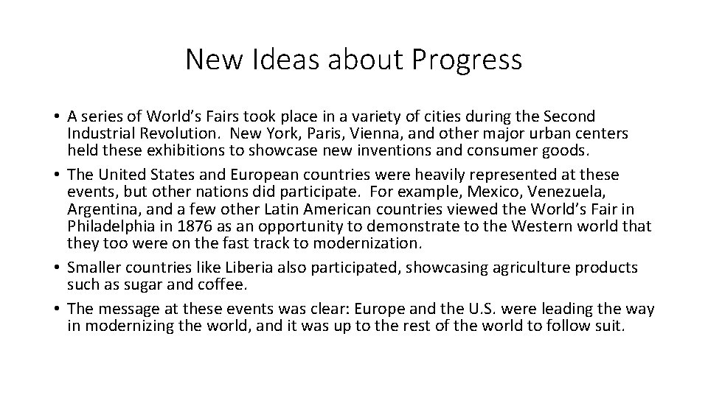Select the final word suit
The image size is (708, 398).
[x=610, y=325]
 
